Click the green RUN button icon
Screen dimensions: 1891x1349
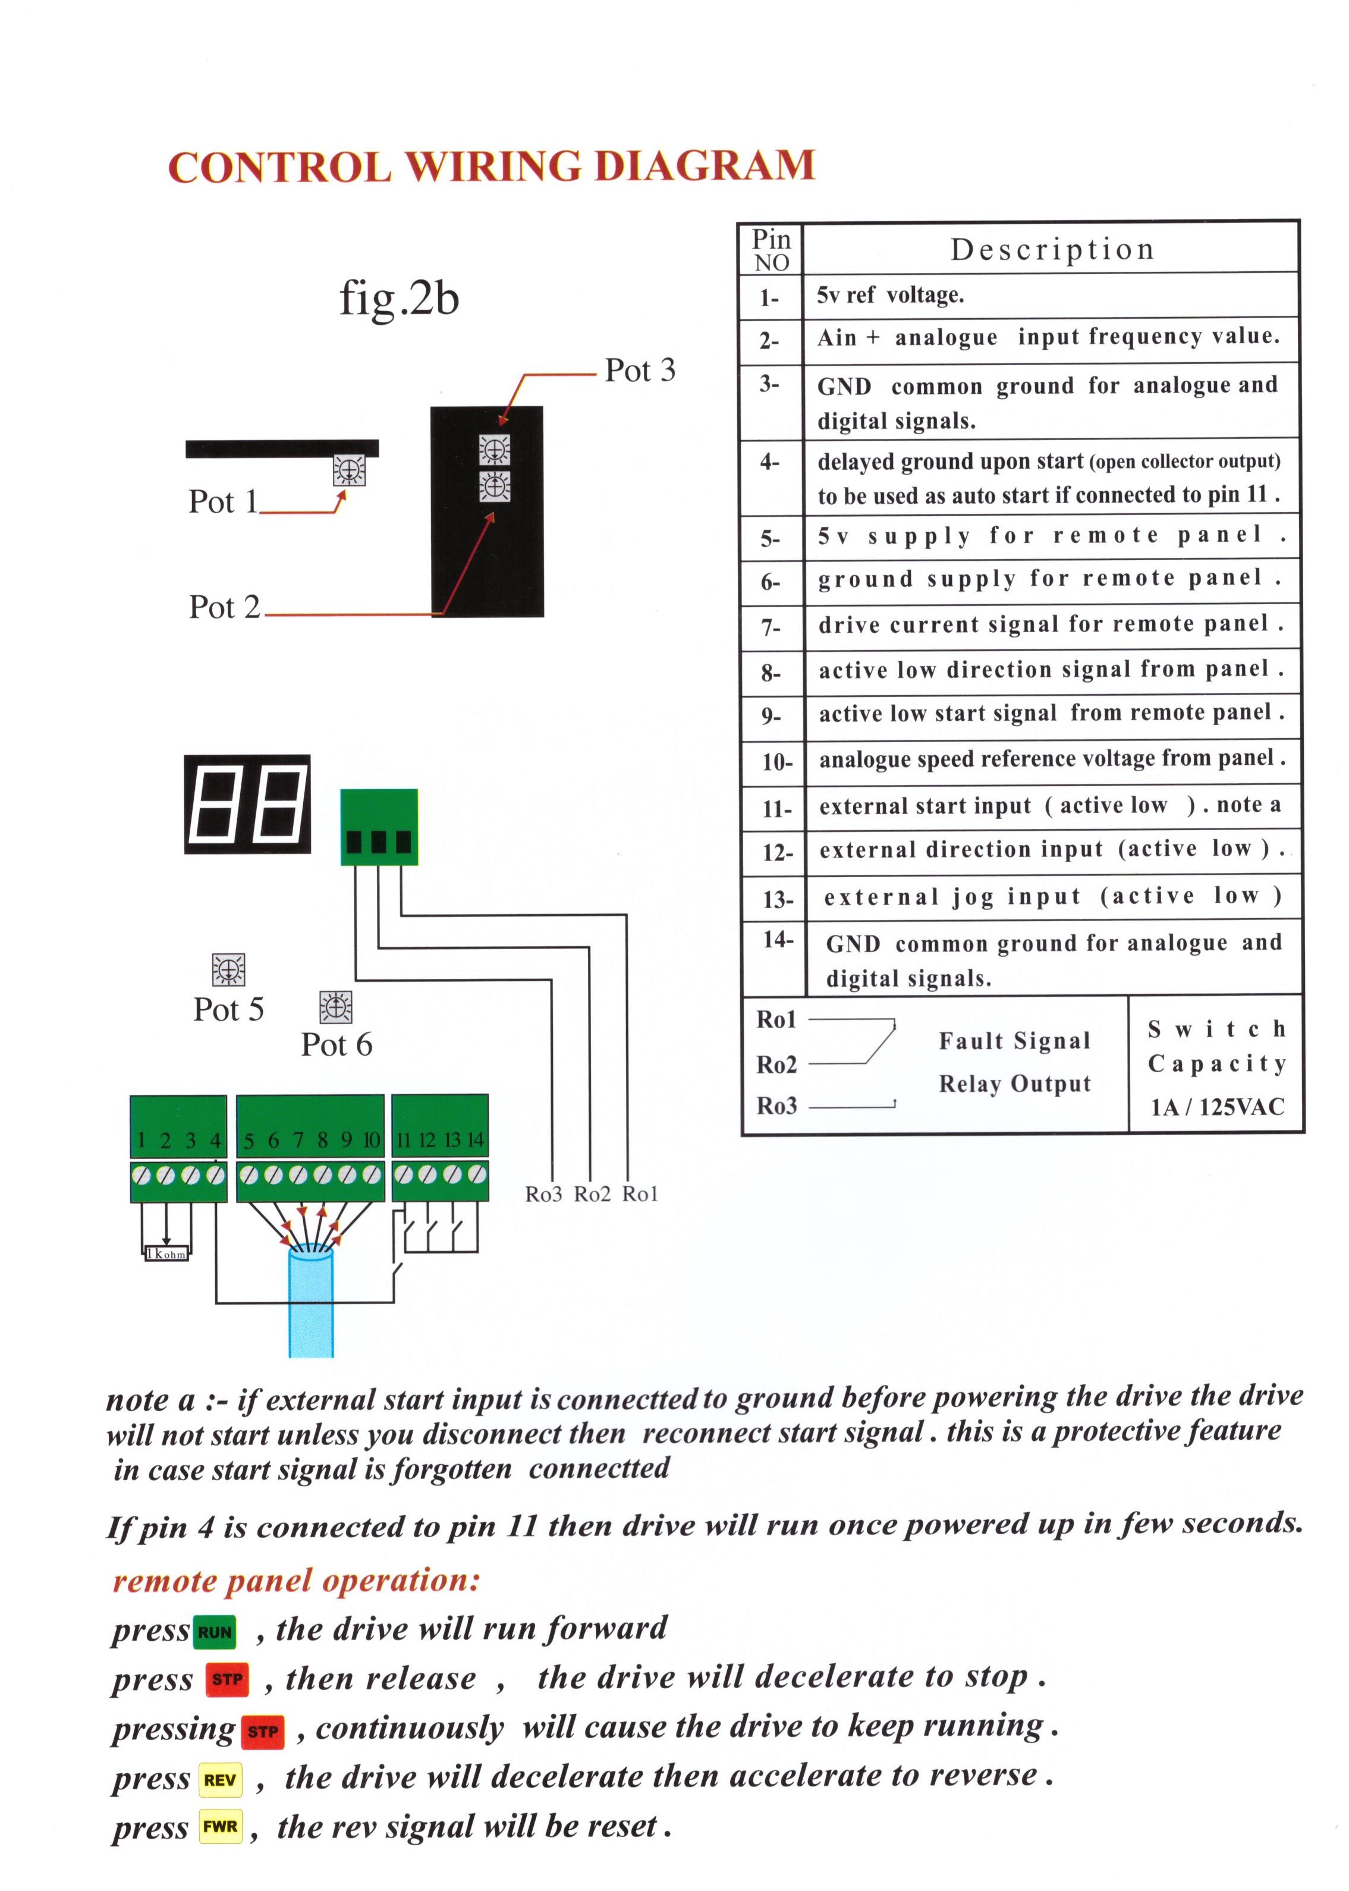pos(215,1632)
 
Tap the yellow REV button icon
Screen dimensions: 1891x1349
pos(220,1780)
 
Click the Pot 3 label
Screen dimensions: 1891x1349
pos(640,370)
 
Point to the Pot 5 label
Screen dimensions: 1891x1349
pos(228,1010)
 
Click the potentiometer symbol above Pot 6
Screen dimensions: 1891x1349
pos(335,1007)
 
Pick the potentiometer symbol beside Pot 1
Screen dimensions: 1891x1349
pos(349,471)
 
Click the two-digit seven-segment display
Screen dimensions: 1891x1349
pos(247,803)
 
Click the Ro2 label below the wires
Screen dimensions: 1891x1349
pos(592,1194)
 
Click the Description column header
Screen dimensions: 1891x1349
pos(1052,249)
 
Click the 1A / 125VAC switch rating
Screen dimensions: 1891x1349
pos(1217,1107)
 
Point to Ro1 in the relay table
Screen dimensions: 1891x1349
pos(776,1019)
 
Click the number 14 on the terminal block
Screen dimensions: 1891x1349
pos(475,1140)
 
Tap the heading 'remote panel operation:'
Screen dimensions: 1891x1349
pos(297,1579)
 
